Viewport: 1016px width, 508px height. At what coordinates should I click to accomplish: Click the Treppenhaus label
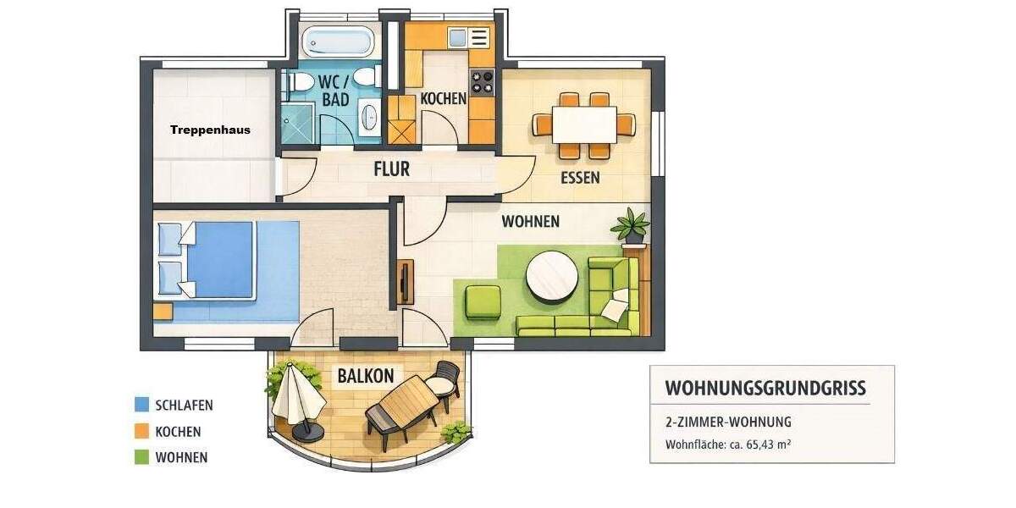[x=210, y=130]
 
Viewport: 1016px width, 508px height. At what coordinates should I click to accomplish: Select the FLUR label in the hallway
[x=391, y=169]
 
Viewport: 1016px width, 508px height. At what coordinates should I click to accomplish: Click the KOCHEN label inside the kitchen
[x=444, y=98]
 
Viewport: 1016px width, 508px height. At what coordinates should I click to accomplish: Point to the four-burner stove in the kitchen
[x=482, y=81]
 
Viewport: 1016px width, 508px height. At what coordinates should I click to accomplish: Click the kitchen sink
[x=457, y=38]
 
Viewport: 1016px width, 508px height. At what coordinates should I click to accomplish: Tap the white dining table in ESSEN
[x=584, y=124]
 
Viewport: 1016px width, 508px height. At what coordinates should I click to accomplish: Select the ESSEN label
[x=580, y=178]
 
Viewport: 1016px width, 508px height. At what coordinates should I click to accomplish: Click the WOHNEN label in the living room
[x=530, y=222]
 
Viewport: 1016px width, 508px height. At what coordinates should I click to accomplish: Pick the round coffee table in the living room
[x=553, y=277]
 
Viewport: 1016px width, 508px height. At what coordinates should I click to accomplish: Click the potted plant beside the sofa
[x=631, y=227]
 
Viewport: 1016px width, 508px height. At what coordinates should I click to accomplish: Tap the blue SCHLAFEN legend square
[x=141, y=405]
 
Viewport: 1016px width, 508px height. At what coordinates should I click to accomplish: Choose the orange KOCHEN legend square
[x=141, y=431]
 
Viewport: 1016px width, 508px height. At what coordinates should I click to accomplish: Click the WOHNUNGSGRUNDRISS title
[x=765, y=388]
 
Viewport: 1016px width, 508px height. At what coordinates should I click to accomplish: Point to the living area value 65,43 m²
[x=765, y=444]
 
